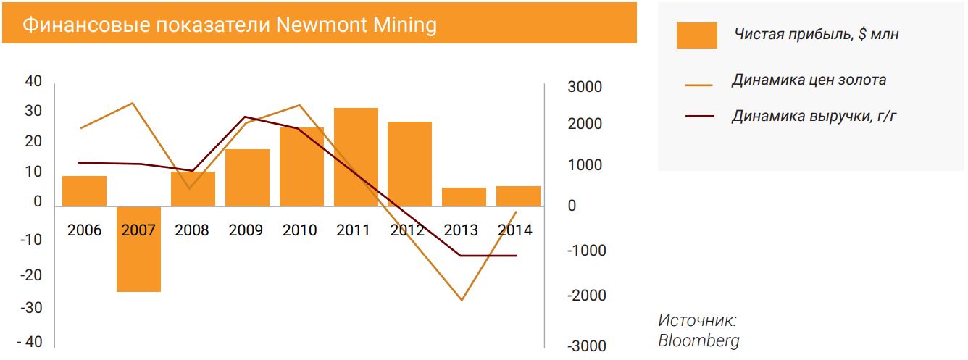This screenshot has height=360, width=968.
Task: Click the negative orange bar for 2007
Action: point(138,249)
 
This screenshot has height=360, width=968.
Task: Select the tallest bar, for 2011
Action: point(356,156)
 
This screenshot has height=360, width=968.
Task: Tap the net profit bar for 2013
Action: point(464,197)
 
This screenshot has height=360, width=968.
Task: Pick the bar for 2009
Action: point(247,177)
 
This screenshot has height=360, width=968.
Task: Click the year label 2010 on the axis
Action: point(299,230)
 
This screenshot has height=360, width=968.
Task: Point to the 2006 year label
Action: point(85,230)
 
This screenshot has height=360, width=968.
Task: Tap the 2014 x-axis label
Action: point(514,230)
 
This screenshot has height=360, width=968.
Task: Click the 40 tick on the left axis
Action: point(33,81)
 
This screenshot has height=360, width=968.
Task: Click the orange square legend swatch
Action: point(696,35)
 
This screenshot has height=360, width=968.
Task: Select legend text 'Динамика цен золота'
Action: point(809,80)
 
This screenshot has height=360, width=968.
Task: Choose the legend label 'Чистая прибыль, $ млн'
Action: point(816,34)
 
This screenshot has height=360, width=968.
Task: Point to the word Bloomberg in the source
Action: point(698,340)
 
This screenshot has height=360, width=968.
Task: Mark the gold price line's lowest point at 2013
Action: point(462,300)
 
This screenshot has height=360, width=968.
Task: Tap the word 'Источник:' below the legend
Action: point(697,319)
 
